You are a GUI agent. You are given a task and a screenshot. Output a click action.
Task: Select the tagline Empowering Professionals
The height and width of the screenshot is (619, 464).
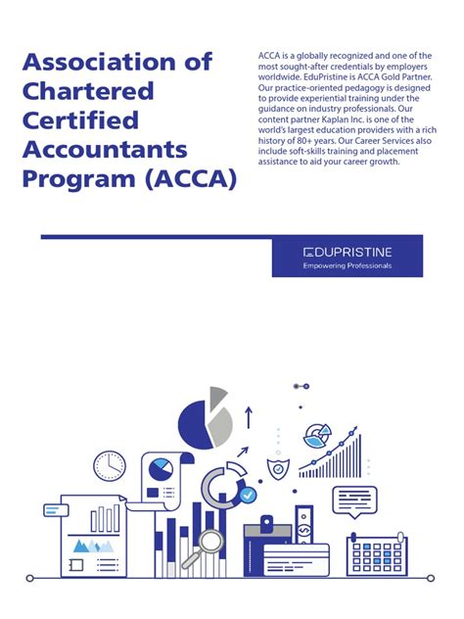point(347,265)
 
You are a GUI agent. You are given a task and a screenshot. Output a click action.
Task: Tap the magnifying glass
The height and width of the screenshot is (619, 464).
point(211,544)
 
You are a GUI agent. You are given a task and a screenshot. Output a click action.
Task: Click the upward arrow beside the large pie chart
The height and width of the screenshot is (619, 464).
point(249,418)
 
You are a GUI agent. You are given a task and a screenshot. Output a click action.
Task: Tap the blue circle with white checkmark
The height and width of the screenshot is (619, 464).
point(249,497)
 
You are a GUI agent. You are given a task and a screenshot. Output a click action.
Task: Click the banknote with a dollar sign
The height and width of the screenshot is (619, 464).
point(304,530)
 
